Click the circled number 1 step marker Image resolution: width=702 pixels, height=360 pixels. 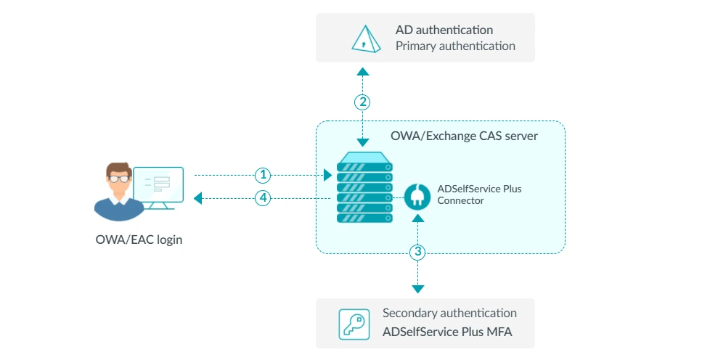(263, 175)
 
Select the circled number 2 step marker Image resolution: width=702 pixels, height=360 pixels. (363, 102)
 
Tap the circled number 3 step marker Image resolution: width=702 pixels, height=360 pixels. (417, 253)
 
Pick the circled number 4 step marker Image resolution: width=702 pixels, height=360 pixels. (263, 197)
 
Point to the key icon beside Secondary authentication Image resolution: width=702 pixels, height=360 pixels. (354, 324)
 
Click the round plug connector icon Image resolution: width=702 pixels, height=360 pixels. (417, 196)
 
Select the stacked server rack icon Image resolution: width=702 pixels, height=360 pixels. (364, 187)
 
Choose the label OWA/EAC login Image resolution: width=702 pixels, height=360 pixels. (139, 240)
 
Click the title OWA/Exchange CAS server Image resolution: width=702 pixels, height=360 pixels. (464, 135)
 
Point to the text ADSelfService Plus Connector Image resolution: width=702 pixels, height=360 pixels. (479, 195)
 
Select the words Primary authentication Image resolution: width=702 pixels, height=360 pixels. (455, 46)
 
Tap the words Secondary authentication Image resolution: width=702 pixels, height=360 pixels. (449, 314)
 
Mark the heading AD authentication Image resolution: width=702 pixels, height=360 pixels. (444, 30)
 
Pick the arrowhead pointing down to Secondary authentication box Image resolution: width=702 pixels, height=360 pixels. (417, 289)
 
